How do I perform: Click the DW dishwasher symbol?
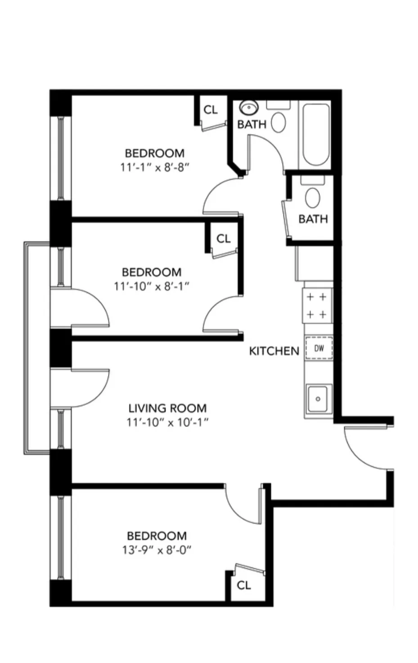tap(319, 348)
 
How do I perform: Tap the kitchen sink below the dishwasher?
tap(318, 399)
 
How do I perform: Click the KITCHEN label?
tap(274, 351)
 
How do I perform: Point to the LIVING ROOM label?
tap(167, 409)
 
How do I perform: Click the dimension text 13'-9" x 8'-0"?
tap(156, 550)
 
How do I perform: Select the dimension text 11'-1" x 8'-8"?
tap(154, 167)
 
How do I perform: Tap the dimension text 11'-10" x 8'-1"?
tap(152, 286)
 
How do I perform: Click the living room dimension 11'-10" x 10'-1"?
tap(167, 423)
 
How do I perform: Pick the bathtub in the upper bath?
tap(316, 135)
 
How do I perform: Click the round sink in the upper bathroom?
tap(248, 108)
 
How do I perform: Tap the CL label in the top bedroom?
tap(211, 110)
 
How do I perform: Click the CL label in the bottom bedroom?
tap(243, 585)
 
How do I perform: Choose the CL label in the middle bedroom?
tap(223, 239)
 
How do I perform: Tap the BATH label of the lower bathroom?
tap(313, 219)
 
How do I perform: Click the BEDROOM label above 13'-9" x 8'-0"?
tap(157, 536)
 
